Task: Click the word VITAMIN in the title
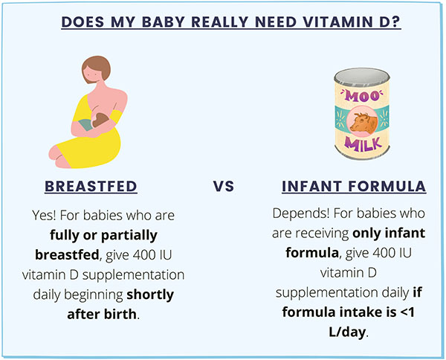coord(337,22)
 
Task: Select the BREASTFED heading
coord(91,187)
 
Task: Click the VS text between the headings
coord(224,187)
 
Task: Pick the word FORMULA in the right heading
coord(387,187)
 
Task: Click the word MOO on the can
coord(362,97)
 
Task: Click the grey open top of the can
coord(362,76)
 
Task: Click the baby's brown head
coord(100,120)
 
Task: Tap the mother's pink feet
coord(58,157)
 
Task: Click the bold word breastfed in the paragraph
coord(67,255)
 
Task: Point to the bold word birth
coord(120,315)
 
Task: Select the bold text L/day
coord(347,332)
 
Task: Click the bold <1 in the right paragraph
coord(407,312)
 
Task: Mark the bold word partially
coord(129,236)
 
